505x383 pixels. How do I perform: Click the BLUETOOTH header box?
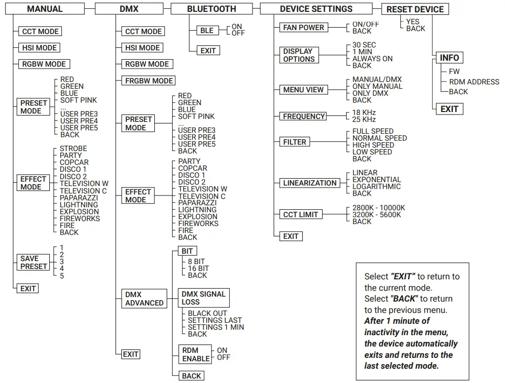212,9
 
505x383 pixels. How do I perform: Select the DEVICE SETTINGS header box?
316,9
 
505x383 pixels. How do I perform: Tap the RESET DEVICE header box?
415,9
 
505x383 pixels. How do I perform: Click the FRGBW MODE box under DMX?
149,80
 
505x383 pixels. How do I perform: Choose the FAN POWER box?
304,28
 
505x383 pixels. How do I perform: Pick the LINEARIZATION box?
310,183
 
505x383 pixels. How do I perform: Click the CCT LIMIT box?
301,215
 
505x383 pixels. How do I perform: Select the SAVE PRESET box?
34,263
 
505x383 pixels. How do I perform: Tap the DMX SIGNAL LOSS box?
203,298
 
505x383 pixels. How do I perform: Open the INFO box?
449,58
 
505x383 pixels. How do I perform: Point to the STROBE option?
73,149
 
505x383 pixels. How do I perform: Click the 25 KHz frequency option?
364,119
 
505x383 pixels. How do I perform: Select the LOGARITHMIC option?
376,187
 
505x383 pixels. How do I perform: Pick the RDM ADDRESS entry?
474,82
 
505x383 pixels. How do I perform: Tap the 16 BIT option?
198,268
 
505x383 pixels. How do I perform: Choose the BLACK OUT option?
207,313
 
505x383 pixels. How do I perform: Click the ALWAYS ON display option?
372,59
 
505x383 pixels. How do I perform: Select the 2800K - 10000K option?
379,208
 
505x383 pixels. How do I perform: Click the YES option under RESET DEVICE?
413,22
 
